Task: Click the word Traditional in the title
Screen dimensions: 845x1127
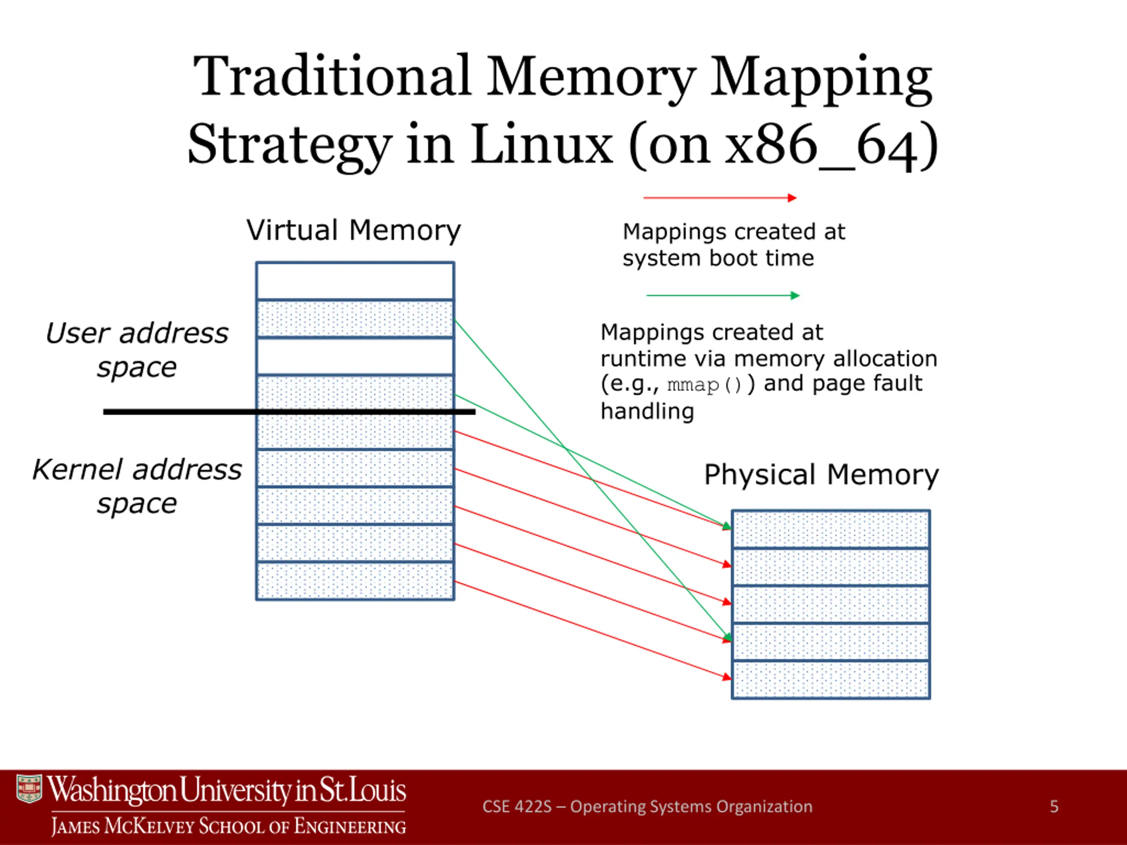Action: [x=331, y=77]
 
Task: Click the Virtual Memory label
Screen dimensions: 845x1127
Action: [x=354, y=230]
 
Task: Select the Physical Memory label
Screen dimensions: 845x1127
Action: [x=821, y=475]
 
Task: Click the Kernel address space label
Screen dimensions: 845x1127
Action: [x=136, y=486]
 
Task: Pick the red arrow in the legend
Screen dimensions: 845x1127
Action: [x=719, y=198]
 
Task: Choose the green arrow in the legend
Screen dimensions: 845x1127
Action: [x=722, y=295]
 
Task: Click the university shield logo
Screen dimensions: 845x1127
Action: [x=29, y=789]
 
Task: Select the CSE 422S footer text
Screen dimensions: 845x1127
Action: [x=647, y=806]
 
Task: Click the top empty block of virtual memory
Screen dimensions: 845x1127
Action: [x=355, y=281]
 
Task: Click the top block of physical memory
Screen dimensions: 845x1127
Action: [x=830, y=529]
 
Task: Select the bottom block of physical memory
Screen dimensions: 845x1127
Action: [x=830, y=680]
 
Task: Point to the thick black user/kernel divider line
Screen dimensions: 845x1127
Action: [x=178, y=411]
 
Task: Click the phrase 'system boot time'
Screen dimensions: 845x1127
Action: [x=718, y=258]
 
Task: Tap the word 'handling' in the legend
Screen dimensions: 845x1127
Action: [x=647, y=411]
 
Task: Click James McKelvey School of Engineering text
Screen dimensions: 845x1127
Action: [x=228, y=826]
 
